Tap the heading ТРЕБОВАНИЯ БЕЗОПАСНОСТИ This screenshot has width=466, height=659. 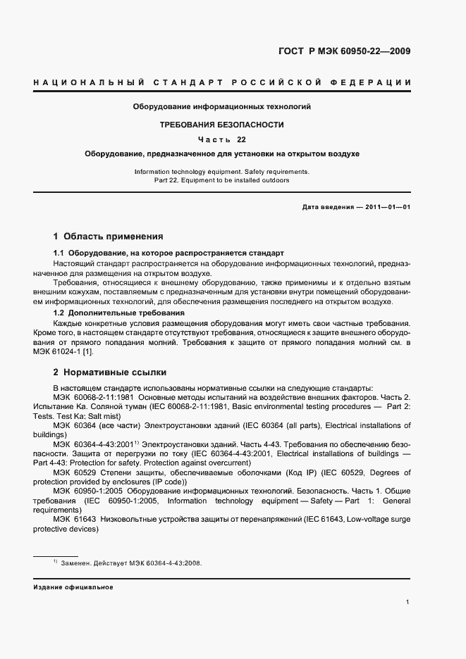222,125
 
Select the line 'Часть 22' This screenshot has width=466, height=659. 222,139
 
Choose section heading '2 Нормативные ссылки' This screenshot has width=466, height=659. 110,372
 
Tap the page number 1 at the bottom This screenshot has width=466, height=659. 408,602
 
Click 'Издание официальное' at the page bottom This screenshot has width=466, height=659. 73,586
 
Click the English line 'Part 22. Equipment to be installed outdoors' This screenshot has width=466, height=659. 221,180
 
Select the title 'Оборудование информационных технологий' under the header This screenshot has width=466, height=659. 222,107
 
